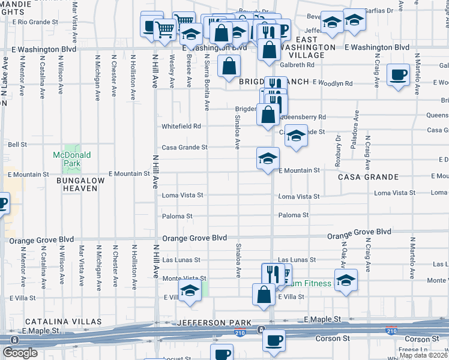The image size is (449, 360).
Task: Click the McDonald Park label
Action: click(71, 159)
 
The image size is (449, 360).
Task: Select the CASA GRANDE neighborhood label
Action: click(368, 177)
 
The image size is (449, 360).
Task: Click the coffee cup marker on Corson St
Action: click(274, 340)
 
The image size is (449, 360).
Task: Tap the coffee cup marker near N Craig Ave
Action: click(398, 75)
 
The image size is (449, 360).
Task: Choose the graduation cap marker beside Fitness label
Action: click(346, 280)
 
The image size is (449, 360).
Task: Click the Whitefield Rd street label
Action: click(181, 127)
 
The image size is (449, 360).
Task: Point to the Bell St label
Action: click(17, 144)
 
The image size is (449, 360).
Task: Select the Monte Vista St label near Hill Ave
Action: click(184, 279)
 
